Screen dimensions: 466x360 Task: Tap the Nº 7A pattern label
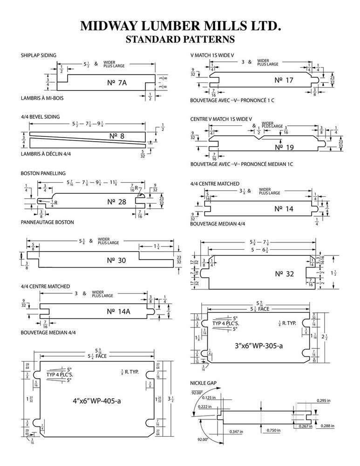(116, 83)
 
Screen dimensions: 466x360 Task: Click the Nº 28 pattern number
(116, 202)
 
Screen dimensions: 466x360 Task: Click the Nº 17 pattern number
(284, 80)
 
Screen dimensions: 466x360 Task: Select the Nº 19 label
(284, 147)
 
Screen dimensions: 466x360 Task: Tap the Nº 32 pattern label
(284, 274)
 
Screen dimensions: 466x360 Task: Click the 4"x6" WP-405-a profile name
(97, 400)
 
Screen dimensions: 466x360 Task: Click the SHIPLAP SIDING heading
(39, 55)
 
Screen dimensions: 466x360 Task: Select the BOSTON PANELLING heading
(43, 173)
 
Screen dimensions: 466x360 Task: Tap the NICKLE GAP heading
(203, 383)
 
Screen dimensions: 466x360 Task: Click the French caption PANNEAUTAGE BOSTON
(47, 222)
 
